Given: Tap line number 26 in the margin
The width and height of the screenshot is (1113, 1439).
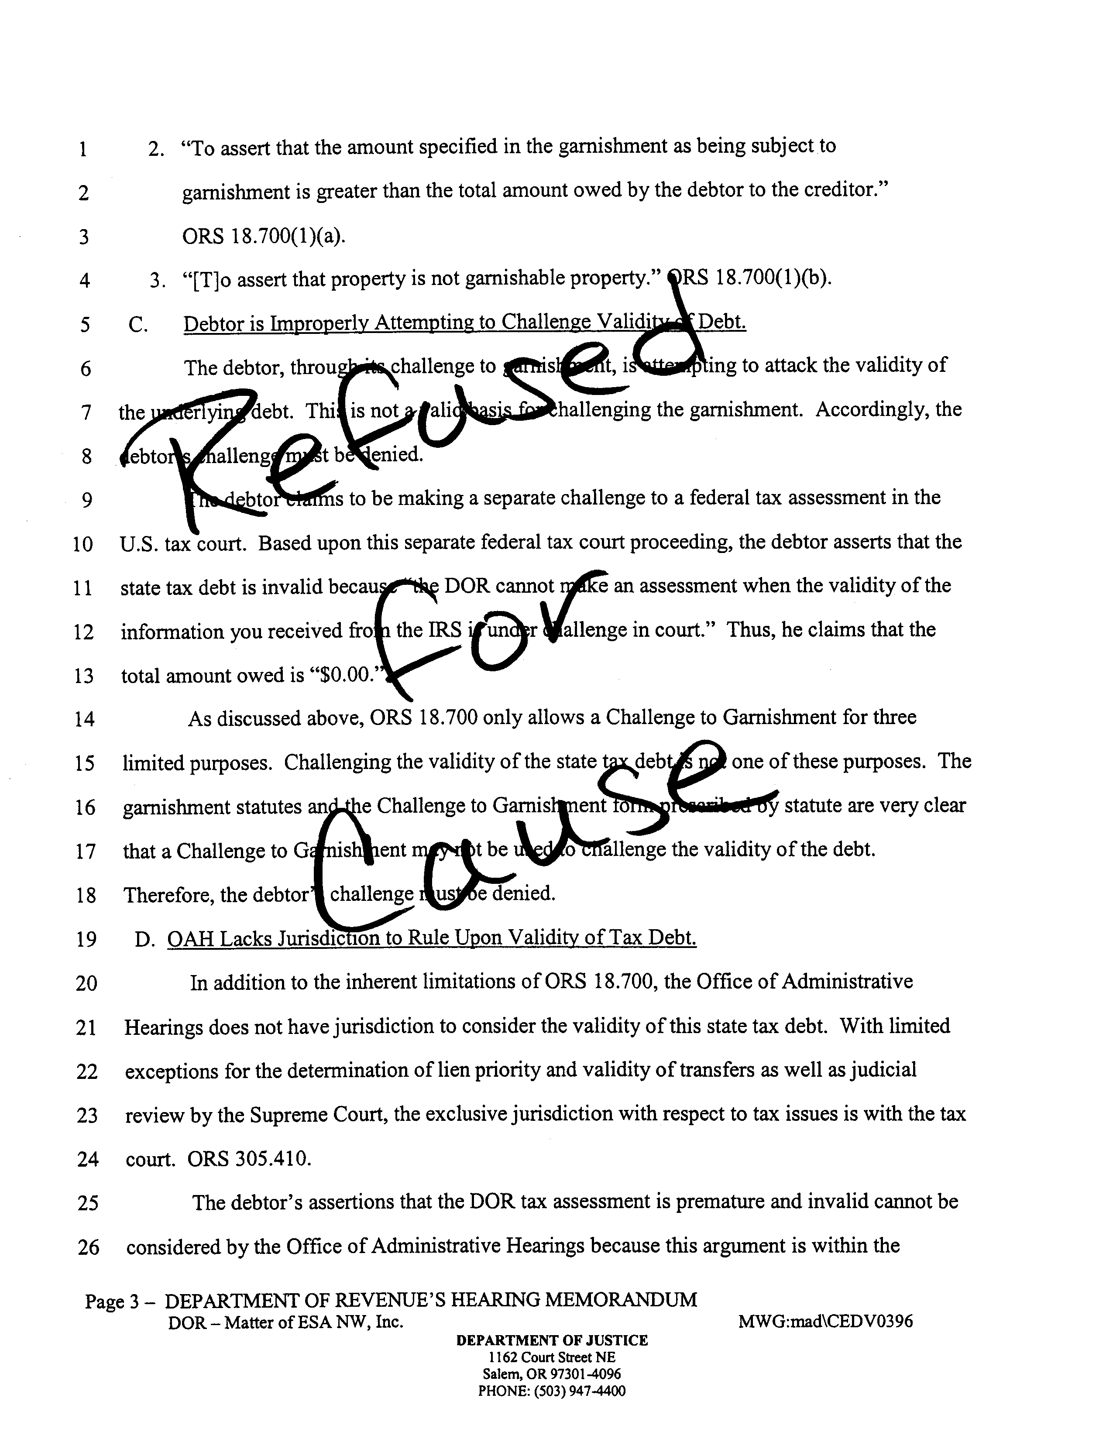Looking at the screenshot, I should pyautogui.click(x=88, y=1247).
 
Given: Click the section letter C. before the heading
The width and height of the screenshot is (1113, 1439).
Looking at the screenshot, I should pyautogui.click(x=138, y=324).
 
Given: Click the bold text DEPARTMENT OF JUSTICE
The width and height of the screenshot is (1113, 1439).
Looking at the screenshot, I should pyautogui.click(x=552, y=1340).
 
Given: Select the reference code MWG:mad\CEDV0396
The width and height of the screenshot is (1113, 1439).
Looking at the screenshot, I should pyautogui.click(x=826, y=1321).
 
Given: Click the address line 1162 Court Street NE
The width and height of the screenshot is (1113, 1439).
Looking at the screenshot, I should pyautogui.click(x=552, y=1357).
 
